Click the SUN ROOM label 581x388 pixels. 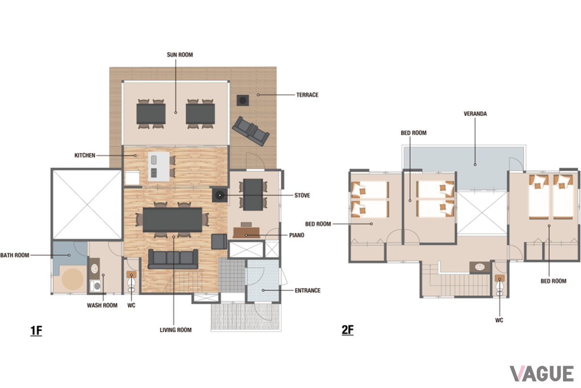(180, 55)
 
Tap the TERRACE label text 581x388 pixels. (307, 95)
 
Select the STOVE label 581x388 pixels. (302, 195)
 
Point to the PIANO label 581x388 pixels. (297, 235)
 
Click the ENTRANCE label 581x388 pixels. (307, 291)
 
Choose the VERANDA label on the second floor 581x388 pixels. (475, 114)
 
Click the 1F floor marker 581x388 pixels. (36, 331)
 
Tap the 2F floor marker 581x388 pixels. (348, 330)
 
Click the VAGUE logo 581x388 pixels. (542, 374)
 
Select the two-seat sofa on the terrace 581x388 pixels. (251, 131)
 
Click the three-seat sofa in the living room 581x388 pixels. (173, 259)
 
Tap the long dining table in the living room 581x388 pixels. (172, 220)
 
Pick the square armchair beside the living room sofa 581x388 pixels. (219, 242)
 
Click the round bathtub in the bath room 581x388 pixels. (73, 279)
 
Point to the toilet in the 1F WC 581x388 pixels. (131, 282)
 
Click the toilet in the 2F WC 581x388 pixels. (500, 285)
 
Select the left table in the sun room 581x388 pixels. (151, 113)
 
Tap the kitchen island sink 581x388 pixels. (154, 160)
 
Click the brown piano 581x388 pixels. (246, 233)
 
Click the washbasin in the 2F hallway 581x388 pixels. (480, 267)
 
